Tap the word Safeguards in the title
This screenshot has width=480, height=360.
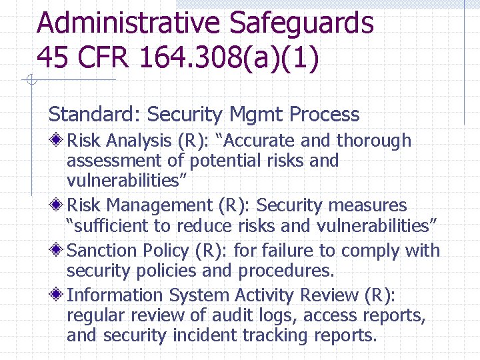click(x=301, y=23)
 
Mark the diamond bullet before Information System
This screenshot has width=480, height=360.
click(x=58, y=295)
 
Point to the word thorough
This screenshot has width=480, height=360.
click(x=374, y=141)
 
